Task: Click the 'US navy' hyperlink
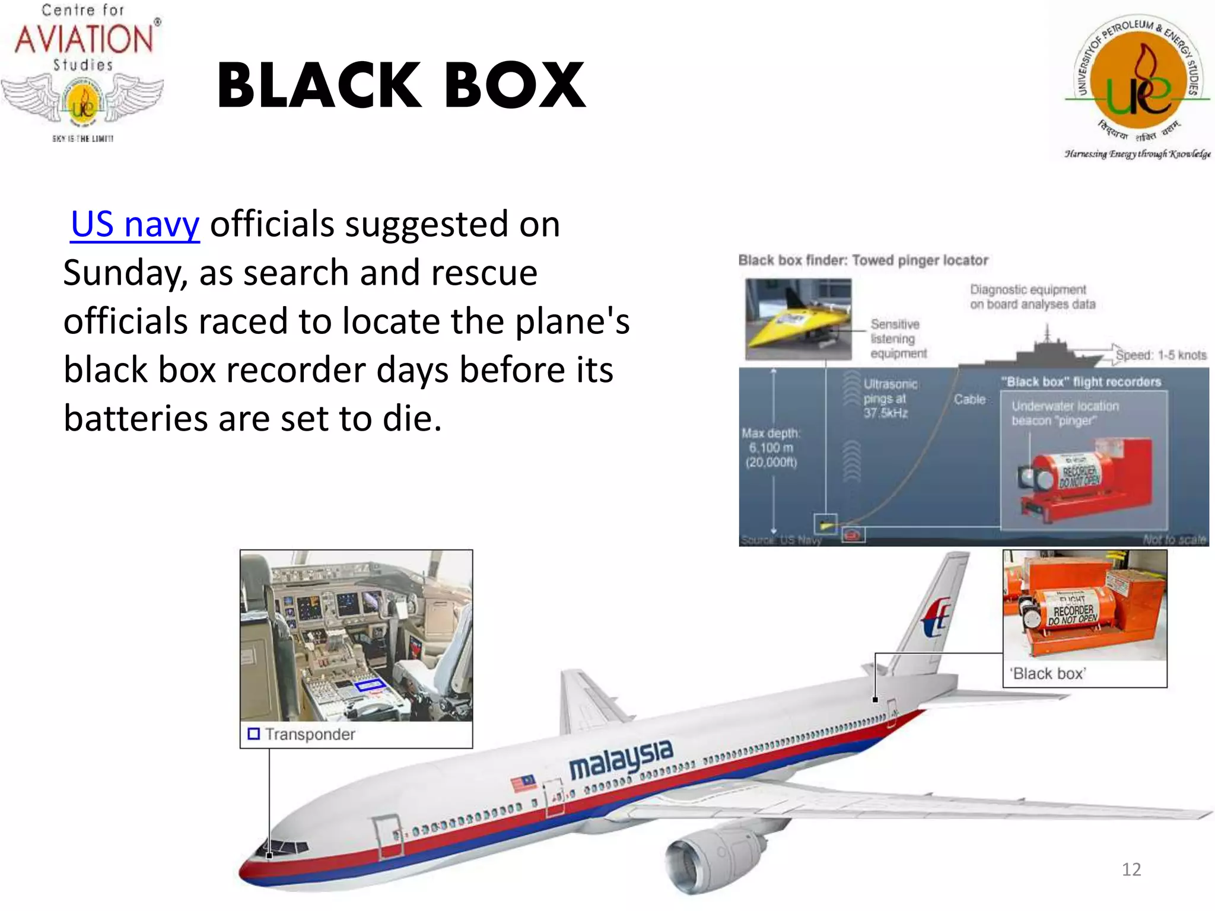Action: pyautogui.click(x=135, y=225)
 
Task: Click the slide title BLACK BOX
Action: pyautogui.click(x=402, y=87)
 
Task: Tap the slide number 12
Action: pyautogui.click(x=1131, y=869)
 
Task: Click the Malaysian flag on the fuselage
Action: pyautogui.click(x=523, y=783)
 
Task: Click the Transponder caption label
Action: pyautogui.click(x=310, y=734)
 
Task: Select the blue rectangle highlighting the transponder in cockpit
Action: pyautogui.click(x=370, y=686)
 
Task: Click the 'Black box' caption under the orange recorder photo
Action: pyautogui.click(x=1048, y=674)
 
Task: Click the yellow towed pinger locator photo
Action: pyautogui.click(x=798, y=320)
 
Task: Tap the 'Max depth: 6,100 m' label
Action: pyautogui.click(x=771, y=448)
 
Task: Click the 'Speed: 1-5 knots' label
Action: pyautogui.click(x=1160, y=355)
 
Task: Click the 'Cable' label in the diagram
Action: pyautogui.click(x=969, y=400)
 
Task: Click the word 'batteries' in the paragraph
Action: pyautogui.click(x=135, y=419)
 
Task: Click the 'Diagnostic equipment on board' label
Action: pyautogui.click(x=1032, y=297)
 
